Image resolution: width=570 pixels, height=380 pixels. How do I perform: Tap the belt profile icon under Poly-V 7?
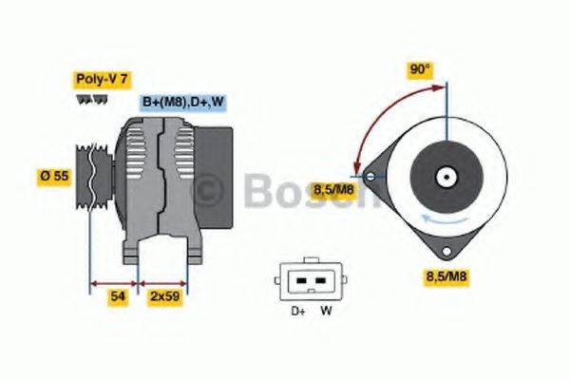(88, 100)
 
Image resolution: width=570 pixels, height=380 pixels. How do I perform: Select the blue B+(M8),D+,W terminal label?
(183, 103)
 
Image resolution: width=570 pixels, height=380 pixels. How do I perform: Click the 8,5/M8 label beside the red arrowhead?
(335, 190)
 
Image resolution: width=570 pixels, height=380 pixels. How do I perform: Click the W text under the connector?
(326, 309)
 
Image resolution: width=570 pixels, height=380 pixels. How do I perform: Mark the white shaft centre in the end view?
(443, 177)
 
